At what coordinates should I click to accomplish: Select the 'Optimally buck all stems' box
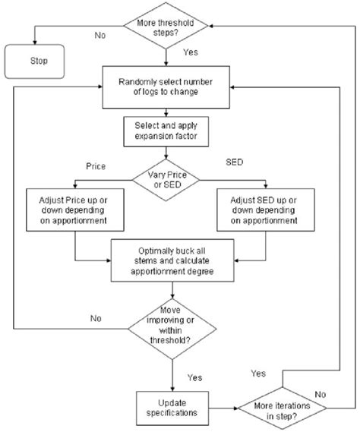coord(170,260)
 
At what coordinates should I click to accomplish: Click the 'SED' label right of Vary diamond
coord(236,163)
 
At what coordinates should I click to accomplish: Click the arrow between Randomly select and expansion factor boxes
coord(166,112)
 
